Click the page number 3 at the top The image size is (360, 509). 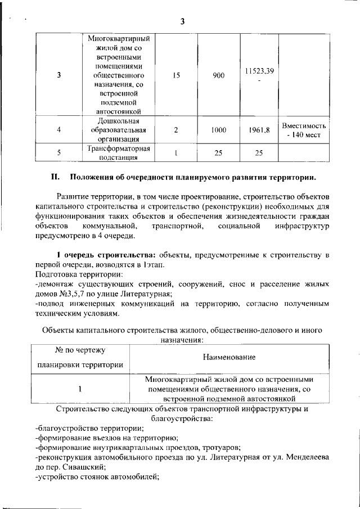[182, 21]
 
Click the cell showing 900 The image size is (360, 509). [219, 75]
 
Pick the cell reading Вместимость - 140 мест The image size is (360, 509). [303, 130]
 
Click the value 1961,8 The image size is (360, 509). [259, 130]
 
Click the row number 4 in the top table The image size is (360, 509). [59, 130]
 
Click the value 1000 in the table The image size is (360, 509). [219, 130]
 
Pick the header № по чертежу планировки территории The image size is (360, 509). [80, 357]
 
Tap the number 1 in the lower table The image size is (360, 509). [80, 388]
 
